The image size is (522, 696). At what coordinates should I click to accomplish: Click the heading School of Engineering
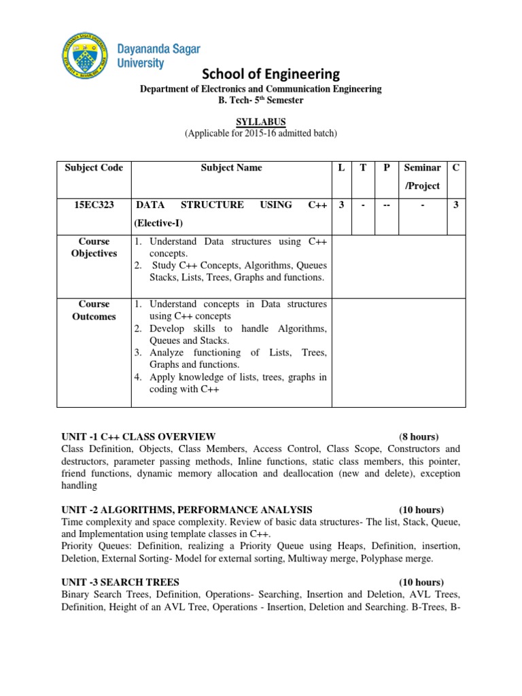pos(261,73)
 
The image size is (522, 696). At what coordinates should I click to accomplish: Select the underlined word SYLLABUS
pos(261,122)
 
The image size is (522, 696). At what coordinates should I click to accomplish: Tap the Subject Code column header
pos(94,167)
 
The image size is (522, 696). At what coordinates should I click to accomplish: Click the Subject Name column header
pos(231,167)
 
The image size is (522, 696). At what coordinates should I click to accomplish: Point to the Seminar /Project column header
pos(422,176)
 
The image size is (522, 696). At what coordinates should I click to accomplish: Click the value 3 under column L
pos(341,205)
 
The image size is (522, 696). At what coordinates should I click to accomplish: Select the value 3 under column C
pos(455,205)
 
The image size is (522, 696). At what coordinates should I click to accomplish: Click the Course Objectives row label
pos(94,247)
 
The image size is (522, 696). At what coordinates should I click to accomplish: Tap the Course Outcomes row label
pos(94,310)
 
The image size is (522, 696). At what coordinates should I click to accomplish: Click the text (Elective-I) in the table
pos(159,222)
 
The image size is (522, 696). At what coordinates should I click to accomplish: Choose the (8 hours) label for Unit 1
pos(419,436)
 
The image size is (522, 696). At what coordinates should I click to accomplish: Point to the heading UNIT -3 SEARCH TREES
pos(120,582)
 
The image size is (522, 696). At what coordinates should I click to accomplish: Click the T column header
pos(364,167)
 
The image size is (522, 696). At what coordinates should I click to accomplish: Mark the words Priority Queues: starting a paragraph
pos(94,546)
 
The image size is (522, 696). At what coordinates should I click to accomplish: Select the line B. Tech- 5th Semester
pos(261,101)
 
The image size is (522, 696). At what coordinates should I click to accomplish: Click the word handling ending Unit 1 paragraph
pos(80,485)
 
